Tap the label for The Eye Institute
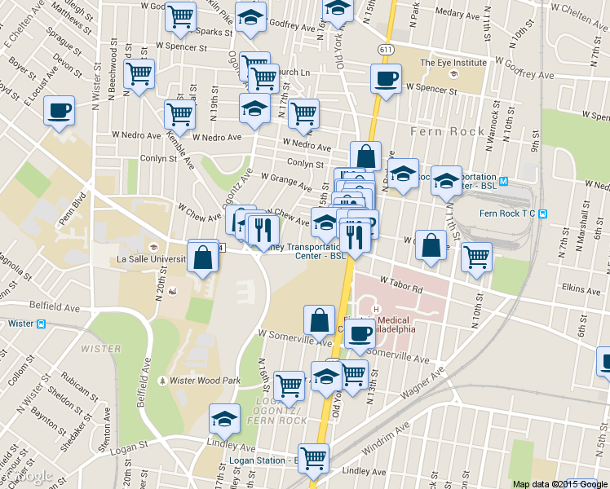click(453, 62)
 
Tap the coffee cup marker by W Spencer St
click(385, 79)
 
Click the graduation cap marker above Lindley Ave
click(224, 419)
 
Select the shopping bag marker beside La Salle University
click(202, 257)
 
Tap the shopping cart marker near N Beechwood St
click(139, 74)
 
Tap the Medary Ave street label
click(457, 13)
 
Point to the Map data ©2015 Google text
click(559, 483)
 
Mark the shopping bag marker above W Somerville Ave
click(319, 319)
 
